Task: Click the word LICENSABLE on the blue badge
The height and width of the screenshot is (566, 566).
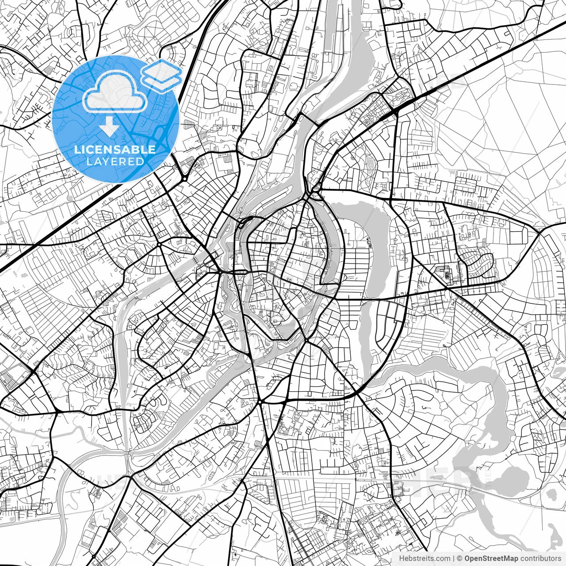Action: tap(115, 149)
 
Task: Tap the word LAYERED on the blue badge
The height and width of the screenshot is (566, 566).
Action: tap(115, 161)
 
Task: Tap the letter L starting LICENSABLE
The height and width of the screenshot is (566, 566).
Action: tap(76, 149)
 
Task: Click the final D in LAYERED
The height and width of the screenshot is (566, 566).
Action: tap(140, 161)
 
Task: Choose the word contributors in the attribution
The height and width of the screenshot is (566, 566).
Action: tap(539, 558)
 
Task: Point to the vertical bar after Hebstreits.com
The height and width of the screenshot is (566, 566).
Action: tap(454, 558)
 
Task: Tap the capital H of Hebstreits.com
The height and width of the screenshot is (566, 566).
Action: tap(401, 558)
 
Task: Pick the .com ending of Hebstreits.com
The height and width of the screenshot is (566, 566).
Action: tap(443, 558)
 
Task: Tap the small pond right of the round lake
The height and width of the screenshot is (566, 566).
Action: tap(551, 493)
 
